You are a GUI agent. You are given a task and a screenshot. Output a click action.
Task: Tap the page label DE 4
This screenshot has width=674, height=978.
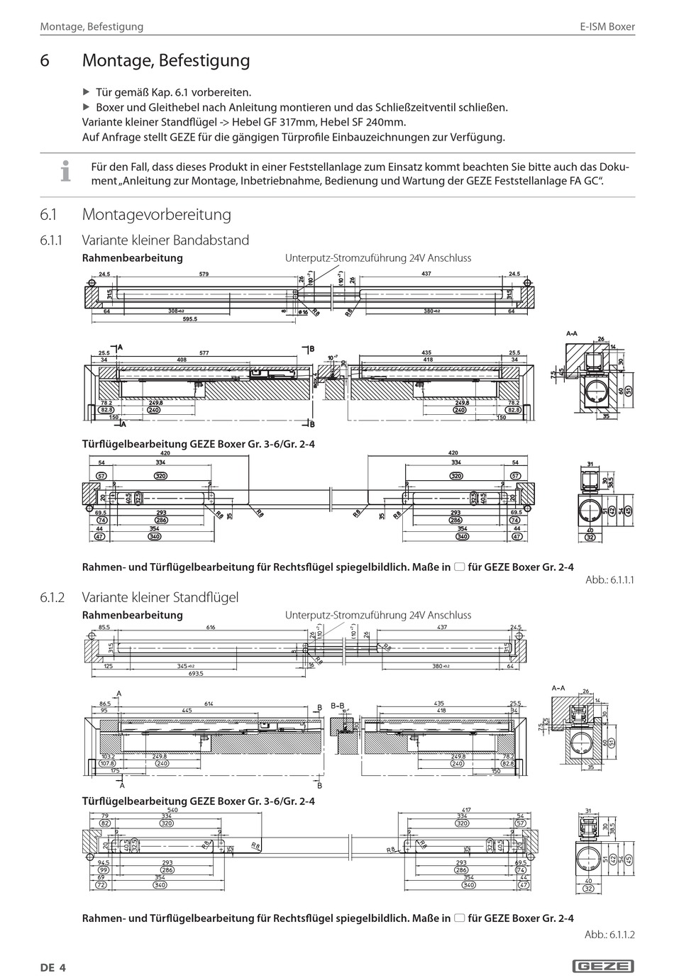click(53, 967)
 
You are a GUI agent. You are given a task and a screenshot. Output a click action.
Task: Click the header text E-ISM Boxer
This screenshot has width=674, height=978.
click(607, 27)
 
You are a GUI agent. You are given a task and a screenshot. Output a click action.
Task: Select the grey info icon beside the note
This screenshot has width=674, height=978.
click(66, 171)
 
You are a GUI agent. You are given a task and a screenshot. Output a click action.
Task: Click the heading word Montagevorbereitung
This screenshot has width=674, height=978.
click(157, 214)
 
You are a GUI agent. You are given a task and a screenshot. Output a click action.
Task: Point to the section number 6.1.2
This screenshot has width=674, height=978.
click(53, 597)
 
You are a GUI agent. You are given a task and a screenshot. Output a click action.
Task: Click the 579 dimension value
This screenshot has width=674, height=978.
click(204, 274)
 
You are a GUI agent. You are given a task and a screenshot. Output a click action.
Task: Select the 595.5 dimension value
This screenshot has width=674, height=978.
click(190, 319)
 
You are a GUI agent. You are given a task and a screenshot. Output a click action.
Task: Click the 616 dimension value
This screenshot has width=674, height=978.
click(211, 628)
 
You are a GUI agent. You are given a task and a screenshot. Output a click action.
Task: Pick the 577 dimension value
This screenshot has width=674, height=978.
click(204, 352)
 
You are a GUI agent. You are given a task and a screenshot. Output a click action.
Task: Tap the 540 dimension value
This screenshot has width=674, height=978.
click(172, 810)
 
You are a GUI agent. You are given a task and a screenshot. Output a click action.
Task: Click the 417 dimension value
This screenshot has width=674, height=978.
click(466, 810)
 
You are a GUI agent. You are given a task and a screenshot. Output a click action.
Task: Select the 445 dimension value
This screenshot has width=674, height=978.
click(187, 710)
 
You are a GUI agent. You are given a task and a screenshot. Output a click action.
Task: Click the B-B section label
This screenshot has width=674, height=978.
click(337, 706)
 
